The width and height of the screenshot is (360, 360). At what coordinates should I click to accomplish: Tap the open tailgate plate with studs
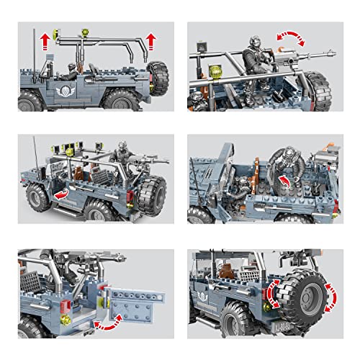(134, 294)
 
